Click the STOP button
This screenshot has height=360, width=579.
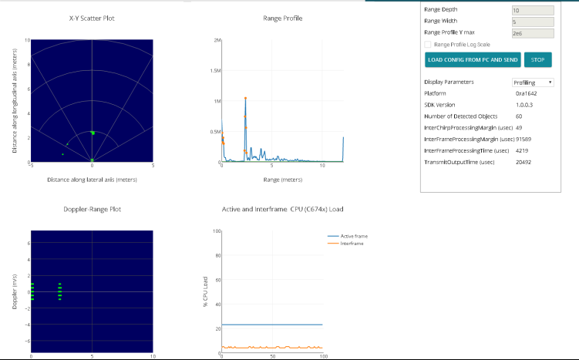point(537,59)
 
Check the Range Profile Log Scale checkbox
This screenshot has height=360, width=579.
point(428,45)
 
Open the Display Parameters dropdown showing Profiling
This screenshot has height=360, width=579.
point(533,82)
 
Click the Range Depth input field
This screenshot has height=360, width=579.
point(532,10)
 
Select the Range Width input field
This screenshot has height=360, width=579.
point(532,22)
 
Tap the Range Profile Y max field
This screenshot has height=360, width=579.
point(532,33)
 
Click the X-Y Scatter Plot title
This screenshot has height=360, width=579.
point(92,16)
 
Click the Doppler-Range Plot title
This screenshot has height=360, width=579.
point(92,208)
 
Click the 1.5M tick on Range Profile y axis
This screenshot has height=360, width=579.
point(214,70)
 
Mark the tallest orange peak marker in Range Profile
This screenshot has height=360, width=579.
point(245,98)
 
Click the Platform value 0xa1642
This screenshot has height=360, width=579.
point(527,93)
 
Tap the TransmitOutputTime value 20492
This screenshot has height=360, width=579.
point(523,162)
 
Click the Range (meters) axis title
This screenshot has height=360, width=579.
point(281,179)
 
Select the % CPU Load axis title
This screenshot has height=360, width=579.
point(205,291)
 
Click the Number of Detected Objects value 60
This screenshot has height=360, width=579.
point(519,116)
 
